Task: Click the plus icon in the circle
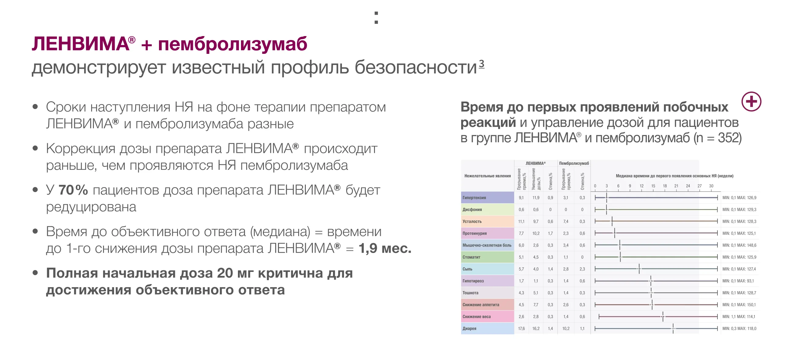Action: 751,102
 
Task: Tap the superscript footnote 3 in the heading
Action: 481,64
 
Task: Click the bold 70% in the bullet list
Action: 73,190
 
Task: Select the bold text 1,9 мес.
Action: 385,248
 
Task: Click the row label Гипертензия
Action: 474,198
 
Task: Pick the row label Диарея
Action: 469,328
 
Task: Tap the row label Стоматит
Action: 471,257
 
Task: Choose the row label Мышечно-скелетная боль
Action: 487,245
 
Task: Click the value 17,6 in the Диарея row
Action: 521,328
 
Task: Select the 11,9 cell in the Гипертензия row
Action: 536,198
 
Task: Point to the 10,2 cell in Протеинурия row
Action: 536,233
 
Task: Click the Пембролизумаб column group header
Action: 574,163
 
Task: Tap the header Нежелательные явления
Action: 487,176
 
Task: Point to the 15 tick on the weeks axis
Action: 653,186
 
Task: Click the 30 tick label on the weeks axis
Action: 711,186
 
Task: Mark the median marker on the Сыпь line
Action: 639,269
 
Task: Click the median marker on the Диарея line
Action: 673,328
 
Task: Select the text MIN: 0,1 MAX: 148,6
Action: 739,245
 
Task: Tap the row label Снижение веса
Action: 476,317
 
